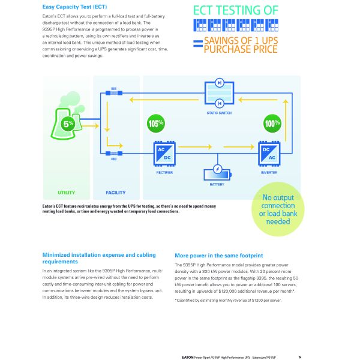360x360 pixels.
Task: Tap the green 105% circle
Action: (156, 124)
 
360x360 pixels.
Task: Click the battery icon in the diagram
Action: (217, 170)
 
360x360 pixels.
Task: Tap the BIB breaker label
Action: (113, 88)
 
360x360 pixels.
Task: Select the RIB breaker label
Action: (113, 160)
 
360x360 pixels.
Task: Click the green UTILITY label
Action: (67, 193)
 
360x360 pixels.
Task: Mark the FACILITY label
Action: (116, 193)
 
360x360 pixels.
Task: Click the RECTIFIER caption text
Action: (164, 172)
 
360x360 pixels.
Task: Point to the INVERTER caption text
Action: (269, 172)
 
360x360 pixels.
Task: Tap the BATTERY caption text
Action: (217, 184)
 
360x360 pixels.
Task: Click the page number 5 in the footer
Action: (299, 356)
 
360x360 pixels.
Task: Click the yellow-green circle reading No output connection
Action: (274, 211)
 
